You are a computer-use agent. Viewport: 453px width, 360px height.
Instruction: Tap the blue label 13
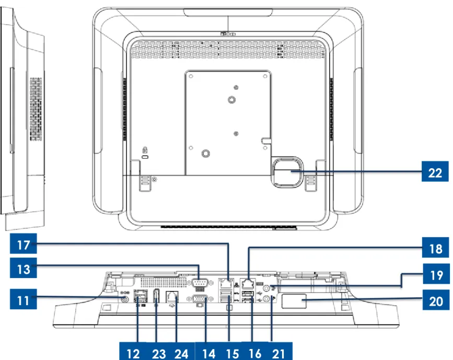point(24,268)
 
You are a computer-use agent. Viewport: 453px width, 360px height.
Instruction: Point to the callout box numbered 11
point(24,299)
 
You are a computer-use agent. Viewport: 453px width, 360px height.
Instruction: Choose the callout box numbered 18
point(435,247)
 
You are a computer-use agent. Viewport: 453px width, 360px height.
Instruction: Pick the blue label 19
point(436,274)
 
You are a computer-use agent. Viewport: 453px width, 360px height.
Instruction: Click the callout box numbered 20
point(436,300)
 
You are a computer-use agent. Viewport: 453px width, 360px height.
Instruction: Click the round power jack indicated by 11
point(125,299)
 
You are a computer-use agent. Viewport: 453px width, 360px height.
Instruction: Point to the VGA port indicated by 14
point(200,298)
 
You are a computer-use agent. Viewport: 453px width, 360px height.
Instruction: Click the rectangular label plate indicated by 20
point(294,301)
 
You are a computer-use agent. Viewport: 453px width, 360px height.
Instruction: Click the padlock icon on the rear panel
point(145,150)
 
